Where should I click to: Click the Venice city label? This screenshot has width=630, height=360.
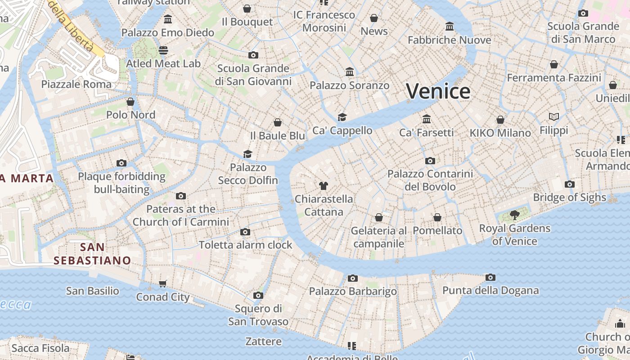pos(438,91)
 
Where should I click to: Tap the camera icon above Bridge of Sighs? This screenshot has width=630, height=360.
pos(569,184)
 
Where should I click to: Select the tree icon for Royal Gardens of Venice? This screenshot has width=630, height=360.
pos(515,215)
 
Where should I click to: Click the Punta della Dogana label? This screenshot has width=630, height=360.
pos(490,290)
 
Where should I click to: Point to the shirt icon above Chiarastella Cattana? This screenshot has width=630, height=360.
pos(323,185)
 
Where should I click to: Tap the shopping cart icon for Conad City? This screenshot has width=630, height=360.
pos(163,283)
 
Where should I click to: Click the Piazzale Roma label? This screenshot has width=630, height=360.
pos(76,84)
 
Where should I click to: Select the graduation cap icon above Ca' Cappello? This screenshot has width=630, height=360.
pos(342,117)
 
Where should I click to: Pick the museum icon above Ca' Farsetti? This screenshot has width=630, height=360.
pos(427,119)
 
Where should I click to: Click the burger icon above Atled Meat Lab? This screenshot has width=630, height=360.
pos(163,50)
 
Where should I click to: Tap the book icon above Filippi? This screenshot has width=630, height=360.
pos(554,117)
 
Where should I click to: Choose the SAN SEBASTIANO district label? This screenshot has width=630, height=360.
pos(92,254)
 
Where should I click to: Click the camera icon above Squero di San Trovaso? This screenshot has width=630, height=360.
pos(258,295)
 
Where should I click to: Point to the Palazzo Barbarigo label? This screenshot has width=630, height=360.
pos(353,291)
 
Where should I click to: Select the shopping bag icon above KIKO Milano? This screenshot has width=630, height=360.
pos(500,120)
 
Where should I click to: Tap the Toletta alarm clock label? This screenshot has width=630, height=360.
pos(246,245)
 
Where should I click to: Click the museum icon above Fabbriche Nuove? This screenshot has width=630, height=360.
pos(449,27)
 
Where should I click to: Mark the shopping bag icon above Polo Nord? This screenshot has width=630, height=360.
pos(130,102)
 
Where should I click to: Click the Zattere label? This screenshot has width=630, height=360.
pos(264,341)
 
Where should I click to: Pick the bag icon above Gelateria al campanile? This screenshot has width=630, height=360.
pos(379,217)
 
